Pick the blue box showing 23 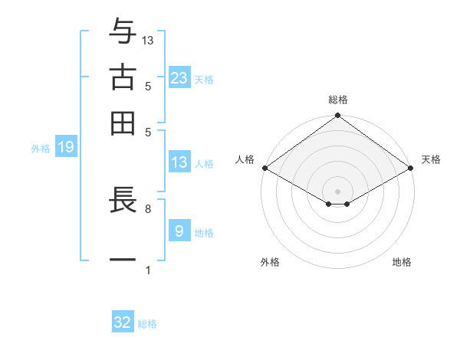tap(179, 77)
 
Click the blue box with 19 tap(66, 147)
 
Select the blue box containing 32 tap(123, 322)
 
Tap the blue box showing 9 tap(179, 231)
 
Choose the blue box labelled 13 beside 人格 tap(179, 162)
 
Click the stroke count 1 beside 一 tap(147, 270)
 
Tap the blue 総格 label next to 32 tap(147, 324)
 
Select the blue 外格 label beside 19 tap(41, 149)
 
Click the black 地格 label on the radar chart tap(402, 263)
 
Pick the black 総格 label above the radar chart tap(338, 100)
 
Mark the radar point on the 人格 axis tap(264, 168)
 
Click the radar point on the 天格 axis tap(410, 168)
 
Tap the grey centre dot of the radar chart tap(337, 191)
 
